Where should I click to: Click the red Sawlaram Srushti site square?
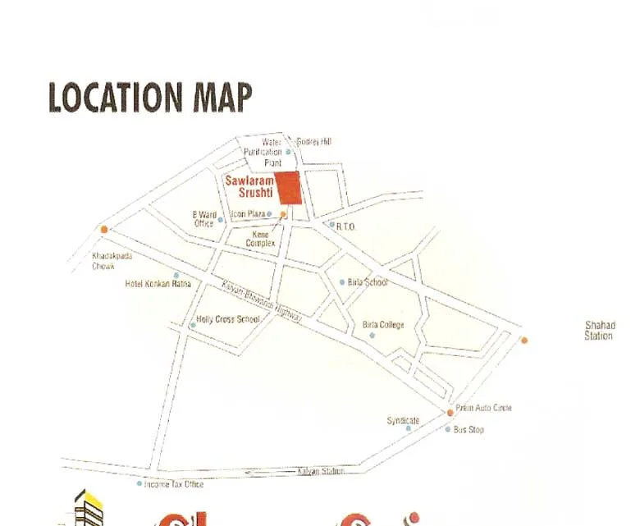coord(288,188)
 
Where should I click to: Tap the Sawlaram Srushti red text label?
coord(248,185)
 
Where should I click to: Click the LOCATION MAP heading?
coord(150,97)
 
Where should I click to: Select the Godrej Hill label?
coord(314,142)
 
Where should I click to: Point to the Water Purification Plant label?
coord(263,152)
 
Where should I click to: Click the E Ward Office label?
coord(204,219)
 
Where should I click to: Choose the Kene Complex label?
coord(260,239)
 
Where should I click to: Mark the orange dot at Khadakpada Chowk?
coord(103,229)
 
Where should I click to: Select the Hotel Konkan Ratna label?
coord(158,284)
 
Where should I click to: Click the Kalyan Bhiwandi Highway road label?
coord(262,301)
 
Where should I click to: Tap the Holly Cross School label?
coord(228,319)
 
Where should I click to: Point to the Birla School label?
coord(368,282)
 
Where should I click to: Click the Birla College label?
coord(383,325)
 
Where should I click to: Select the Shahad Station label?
coord(598,331)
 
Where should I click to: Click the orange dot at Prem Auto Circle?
coord(450,411)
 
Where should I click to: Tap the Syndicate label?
coord(403,421)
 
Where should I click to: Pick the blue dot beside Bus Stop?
coord(448,429)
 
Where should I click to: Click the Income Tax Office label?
coord(174,484)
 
